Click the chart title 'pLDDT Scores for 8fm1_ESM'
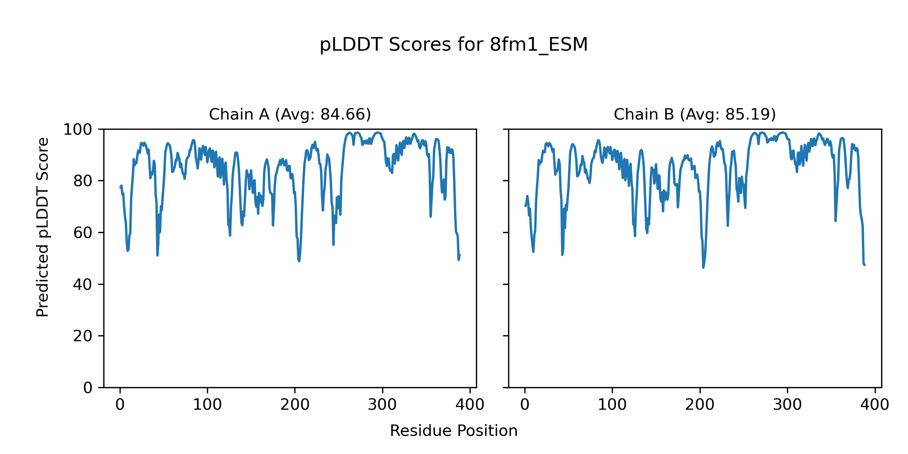point(454,45)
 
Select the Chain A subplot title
point(290,114)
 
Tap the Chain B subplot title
point(695,114)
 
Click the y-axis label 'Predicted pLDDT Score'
point(43,227)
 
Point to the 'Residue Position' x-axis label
point(454,431)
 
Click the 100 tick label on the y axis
point(78,130)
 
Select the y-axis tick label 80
point(82,181)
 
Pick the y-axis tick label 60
point(82,233)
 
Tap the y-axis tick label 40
point(82,285)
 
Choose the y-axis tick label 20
point(82,336)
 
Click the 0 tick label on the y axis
point(87,388)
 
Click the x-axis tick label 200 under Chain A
point(295,405)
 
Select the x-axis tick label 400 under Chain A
point(470,405)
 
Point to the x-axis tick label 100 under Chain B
point(612,405)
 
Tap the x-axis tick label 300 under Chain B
point(787,405)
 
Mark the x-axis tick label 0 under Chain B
point(525,405)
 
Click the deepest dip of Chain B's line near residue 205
point(703,267)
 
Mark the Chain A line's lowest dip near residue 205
point(299,261)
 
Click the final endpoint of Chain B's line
point(865,265)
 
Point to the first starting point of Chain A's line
point(120,188)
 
